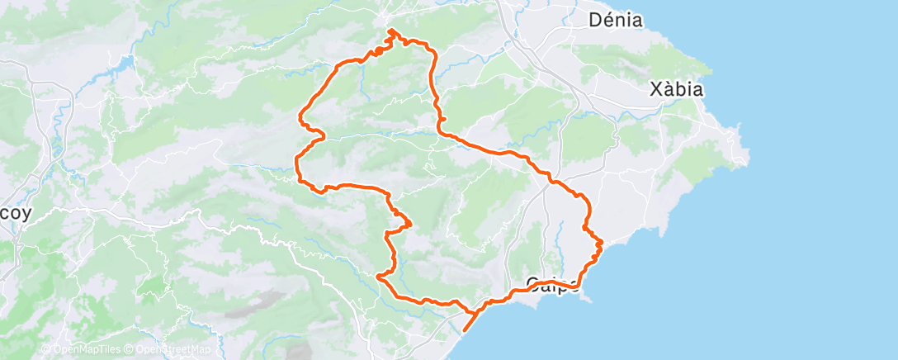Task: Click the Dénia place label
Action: coord(617,21)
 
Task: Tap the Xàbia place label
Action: coord(676,89)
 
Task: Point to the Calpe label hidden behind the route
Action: coord(552,286)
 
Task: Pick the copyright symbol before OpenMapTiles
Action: coord(46,349)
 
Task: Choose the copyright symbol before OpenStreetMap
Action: coord(130,349)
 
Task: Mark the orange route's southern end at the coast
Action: coord(464,330)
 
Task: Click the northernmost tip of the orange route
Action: coord(390,31)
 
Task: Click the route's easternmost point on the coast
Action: coord(603,242)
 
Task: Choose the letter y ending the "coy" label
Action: coord(26,214)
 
